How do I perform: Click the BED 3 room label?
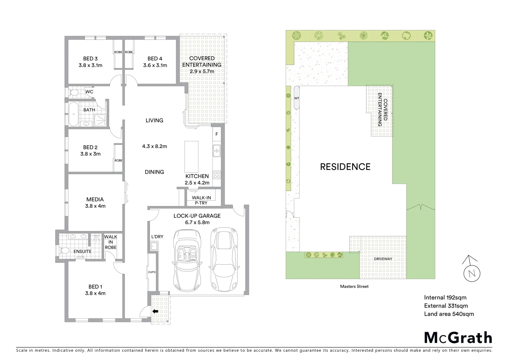coord(90,58)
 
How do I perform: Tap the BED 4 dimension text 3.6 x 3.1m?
coord(155,65)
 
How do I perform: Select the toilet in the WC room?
coord(74,92)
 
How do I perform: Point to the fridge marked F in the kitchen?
coord(217,134)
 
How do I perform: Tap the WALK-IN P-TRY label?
coord(201,200)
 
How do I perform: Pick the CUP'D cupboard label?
coord(152,272)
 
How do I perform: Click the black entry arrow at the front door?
coord(155,311)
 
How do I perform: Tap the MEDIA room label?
coord(95,199)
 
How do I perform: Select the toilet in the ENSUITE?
coord(65,250)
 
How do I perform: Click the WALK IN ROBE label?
coord(111,242)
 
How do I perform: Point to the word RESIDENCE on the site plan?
coord(345,167)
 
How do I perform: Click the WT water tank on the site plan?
coord(297,98)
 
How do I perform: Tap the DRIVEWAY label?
coord(383,259)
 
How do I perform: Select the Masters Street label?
coord(354,286)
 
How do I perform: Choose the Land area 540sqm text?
coord(449,314)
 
